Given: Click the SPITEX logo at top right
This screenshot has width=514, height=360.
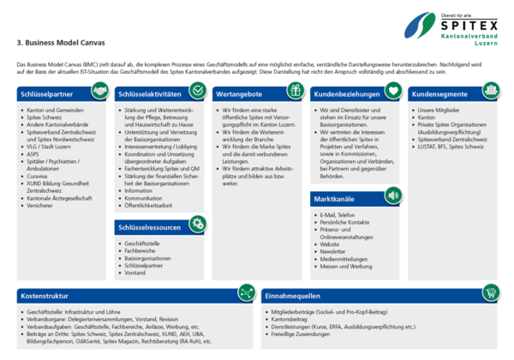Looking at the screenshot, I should [451, 27].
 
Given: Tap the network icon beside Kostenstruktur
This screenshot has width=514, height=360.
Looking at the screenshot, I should [246, 292].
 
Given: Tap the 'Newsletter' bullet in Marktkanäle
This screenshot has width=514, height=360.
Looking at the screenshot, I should [335, 249].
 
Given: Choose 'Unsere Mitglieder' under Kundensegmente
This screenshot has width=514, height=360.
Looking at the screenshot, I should [439, 111].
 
